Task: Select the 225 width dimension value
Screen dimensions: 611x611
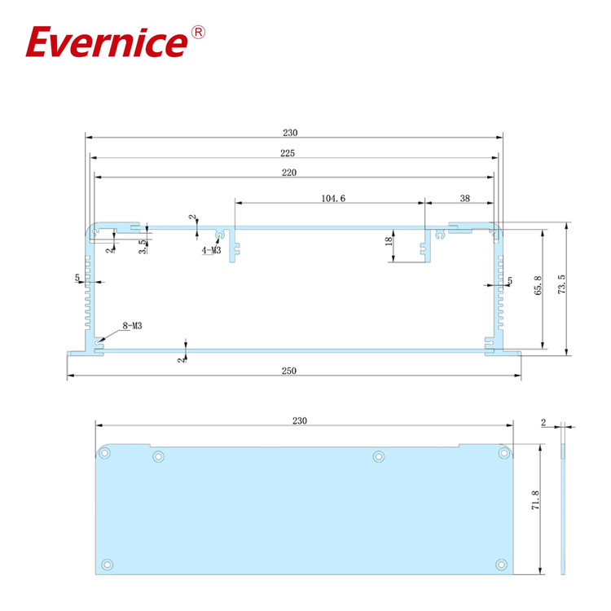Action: [287, 153]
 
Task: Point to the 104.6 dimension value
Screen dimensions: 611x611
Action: [333, 198]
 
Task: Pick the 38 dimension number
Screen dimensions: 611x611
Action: [464, 198]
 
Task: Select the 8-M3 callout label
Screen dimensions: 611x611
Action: [133, 326]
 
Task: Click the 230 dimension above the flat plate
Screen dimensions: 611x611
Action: [299, 420]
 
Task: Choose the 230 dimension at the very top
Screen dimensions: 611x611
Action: [291, 133]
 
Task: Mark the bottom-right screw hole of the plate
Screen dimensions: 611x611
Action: [499, 563]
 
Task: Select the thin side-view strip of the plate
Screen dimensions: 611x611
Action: [563, 509]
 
